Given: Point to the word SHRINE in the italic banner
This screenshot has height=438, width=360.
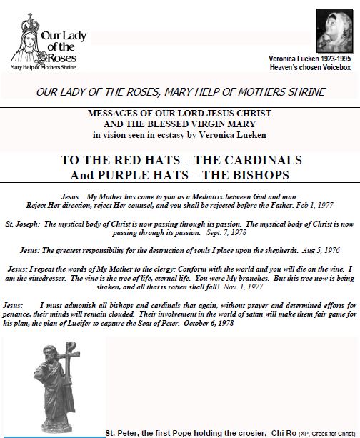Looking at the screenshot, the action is [x=307, y=91].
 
